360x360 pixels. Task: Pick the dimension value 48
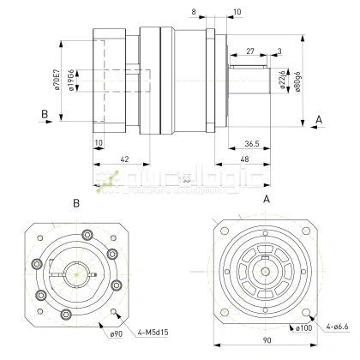(244, 160)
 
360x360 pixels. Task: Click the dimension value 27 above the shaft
(249, 52)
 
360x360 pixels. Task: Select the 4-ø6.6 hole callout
(338, 327)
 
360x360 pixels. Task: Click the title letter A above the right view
(267, 198)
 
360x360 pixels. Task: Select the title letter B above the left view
(76, 204)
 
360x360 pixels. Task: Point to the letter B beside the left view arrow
(43, 112)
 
